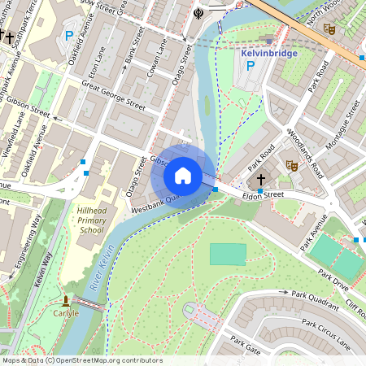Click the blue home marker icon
[x=183, y=175]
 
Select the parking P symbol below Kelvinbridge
[x=250, y=67]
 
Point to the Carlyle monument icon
[x=66, y=302]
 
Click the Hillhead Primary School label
[x=91, y=220]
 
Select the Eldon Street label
[x=259, y=194]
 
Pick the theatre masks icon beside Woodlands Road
[x=291, y=165]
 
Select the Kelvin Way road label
[x=41, y=268]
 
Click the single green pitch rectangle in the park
[x=228, y=254]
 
